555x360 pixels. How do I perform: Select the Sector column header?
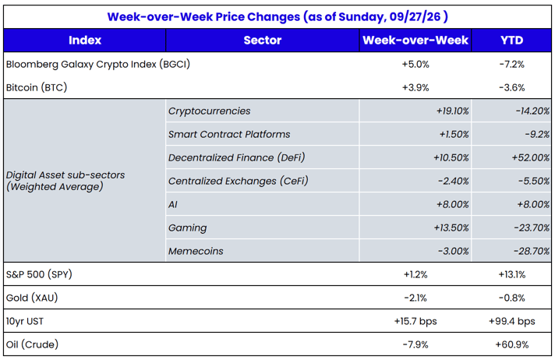point(262,40)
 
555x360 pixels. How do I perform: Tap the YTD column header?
point(511,40)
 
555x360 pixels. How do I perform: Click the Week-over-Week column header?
point(415,40)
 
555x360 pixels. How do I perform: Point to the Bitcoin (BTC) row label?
point(37,87)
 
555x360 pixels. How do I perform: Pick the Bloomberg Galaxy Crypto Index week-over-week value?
point(415,64)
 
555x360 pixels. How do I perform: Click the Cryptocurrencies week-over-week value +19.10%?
point(452,111)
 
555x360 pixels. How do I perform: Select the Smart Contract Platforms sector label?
point(229,134)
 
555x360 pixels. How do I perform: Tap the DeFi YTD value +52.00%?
point(530,157)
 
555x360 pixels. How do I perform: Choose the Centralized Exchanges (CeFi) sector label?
point(239,181)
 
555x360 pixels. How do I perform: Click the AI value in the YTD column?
point(533,204)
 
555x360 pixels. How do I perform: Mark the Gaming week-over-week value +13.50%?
point(451,228)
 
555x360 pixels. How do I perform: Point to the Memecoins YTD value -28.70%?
point(532,251)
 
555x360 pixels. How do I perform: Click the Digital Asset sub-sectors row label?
point(65,181)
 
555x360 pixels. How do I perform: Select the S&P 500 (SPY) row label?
point(39,274)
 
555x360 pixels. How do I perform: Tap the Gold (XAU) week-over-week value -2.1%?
point(415,298)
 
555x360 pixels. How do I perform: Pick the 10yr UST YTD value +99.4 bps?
point(512,321)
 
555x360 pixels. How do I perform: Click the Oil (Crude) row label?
point(32,344)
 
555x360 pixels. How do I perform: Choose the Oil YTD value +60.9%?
point(512,344)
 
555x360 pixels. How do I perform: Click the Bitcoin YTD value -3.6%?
point(512,87)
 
